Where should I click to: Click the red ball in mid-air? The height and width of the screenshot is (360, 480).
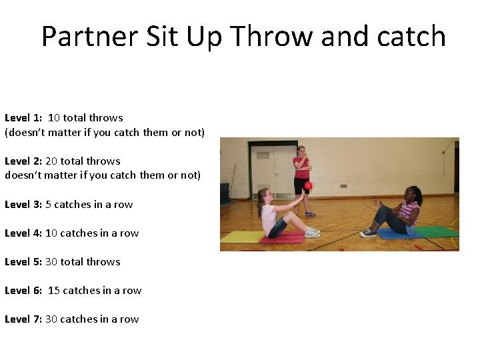coord(308,186)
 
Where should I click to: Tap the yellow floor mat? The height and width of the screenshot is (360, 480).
coord(241,237)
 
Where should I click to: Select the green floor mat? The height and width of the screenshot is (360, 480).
coord(437,231)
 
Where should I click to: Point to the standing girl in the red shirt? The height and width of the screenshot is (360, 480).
coord(302,177)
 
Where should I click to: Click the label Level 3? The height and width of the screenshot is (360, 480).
coord(23,205)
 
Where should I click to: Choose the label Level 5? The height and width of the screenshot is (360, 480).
coord(23,262)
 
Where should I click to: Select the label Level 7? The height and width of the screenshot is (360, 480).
coord(23,319)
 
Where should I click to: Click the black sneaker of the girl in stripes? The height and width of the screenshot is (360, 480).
coord(367,233)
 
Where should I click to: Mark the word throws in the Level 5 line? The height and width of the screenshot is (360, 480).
coord(104,262)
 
